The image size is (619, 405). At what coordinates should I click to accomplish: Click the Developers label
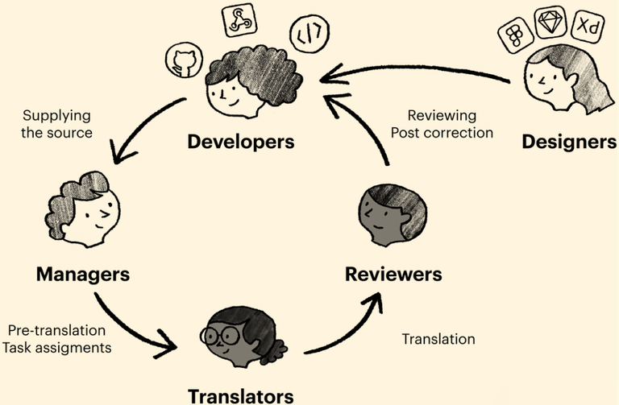point(240,143)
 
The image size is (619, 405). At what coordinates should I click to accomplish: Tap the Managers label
point(83,274)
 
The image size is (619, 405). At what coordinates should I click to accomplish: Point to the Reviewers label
point(393,274)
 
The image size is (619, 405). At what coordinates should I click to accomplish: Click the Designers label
point(569,143)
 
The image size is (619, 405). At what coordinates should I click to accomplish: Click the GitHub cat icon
point(181,60)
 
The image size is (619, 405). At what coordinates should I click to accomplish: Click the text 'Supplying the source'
point(57,123)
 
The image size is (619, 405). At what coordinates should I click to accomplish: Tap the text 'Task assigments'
point(58,348)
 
